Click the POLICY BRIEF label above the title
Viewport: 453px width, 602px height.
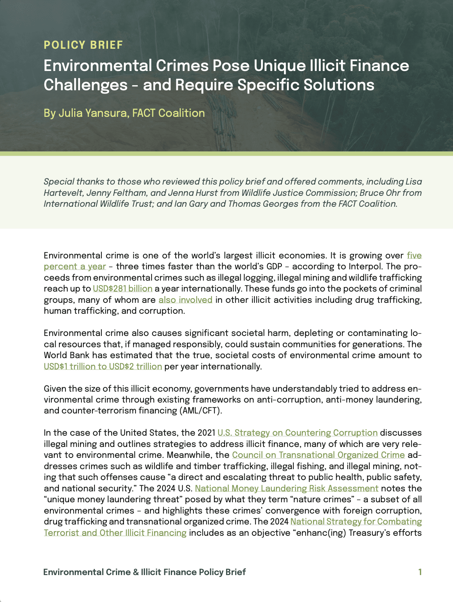[83, 45]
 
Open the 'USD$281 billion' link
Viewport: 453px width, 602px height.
[123, 289]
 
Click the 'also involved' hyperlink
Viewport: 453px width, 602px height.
[185, 300]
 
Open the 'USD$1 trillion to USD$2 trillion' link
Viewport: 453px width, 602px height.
[103, 366]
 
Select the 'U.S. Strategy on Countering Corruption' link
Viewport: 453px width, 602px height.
[297, 433]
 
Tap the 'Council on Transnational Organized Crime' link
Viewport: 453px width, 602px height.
[318, 455]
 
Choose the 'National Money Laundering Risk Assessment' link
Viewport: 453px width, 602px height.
[286, 488]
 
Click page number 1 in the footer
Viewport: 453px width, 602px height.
[420, 572]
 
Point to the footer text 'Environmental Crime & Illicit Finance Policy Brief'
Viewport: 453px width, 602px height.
[144, 572]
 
